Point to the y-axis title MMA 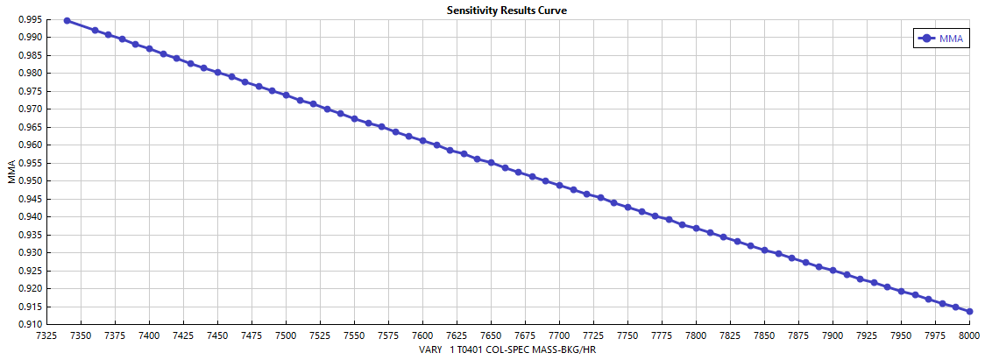[x=11, y=171]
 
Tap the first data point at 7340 [x=67, y=20]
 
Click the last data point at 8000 [x=969, y=312]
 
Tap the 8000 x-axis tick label [x=969, y=335]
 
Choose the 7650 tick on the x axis [x=491, y=335]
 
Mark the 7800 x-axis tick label [x=696, y=335]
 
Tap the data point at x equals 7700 [x=559, y=186]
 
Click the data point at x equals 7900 [x=833, y=270]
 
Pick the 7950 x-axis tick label [x=901, y=335]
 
